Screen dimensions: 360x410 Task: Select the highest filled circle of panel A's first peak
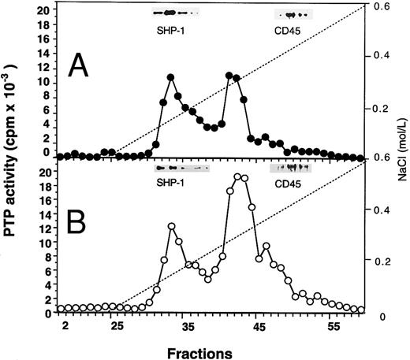point(171,77)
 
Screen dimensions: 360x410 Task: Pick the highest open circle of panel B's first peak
point(171,227)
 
